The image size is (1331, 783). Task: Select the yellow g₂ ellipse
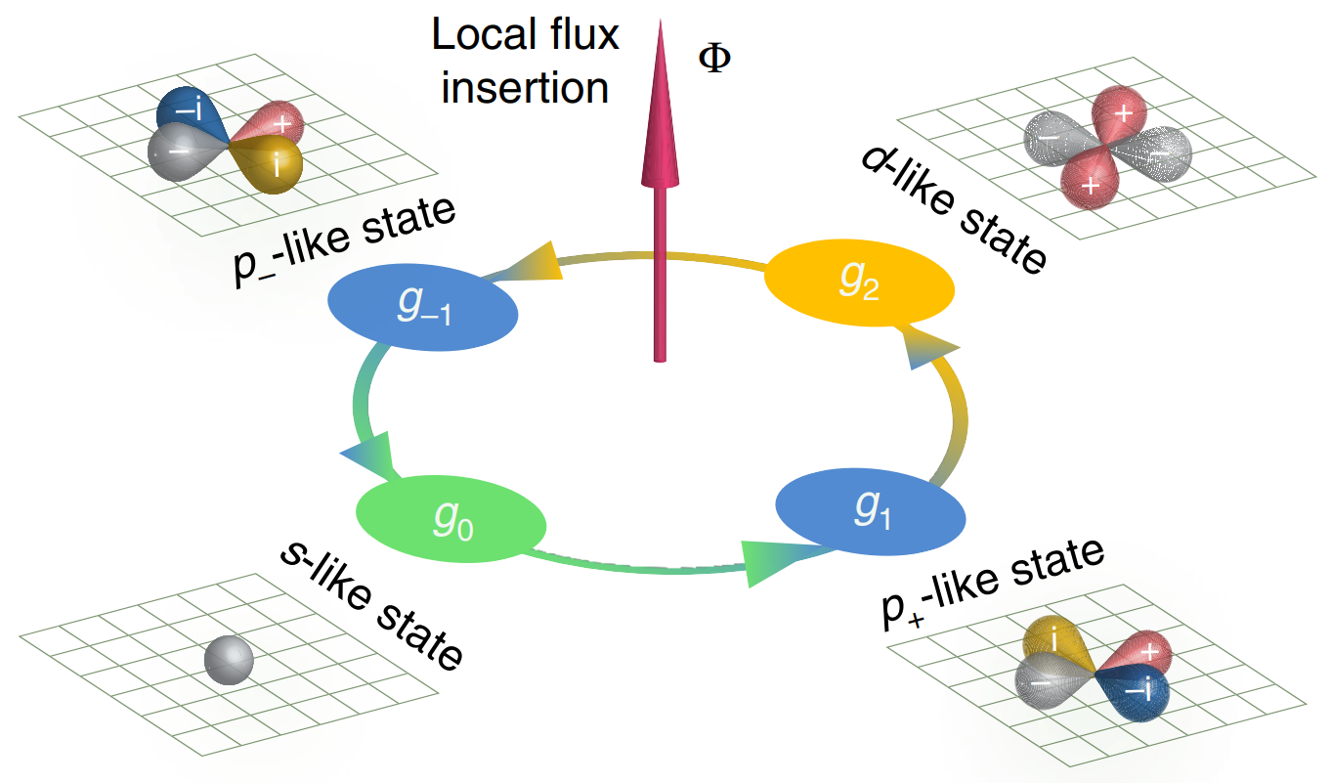coord(858,281)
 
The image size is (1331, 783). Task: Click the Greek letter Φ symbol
coord(713,59)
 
